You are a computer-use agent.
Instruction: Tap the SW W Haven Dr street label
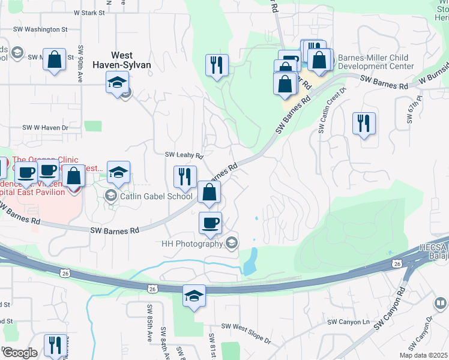click(46, 128)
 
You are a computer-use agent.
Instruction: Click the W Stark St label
click(89, 12)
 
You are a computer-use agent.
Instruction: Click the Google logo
click(19, 352)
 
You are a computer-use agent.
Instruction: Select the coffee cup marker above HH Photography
click(210, 223)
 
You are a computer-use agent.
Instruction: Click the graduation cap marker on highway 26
click(194, 296)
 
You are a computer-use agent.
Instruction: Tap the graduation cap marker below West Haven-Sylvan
click(118, 82)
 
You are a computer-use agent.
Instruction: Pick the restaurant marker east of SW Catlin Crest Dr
click(364, 124)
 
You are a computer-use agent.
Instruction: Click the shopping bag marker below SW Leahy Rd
click(209, 193)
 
